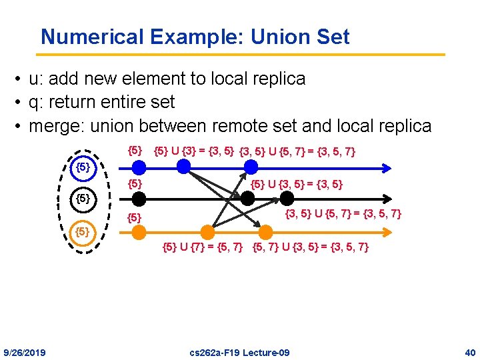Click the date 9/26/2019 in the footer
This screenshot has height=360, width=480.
click(25, 352)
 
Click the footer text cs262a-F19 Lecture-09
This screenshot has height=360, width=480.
click(239, 352)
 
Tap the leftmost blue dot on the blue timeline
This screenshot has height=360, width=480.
click(139, 167)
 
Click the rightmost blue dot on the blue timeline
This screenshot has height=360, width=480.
click(251, 166)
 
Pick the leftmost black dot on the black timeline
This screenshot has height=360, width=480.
click(139, 197)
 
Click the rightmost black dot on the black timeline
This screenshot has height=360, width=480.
click(287, 197)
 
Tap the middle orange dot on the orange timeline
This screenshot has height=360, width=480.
click(207, 232)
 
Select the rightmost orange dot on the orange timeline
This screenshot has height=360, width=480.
click(265, 232)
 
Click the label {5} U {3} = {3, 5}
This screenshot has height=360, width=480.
click(193, 151)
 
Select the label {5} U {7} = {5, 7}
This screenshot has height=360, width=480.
click(203, 248)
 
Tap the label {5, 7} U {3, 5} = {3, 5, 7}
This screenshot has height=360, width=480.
click(310, 248)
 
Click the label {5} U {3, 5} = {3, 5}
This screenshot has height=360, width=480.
click(296, 182)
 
